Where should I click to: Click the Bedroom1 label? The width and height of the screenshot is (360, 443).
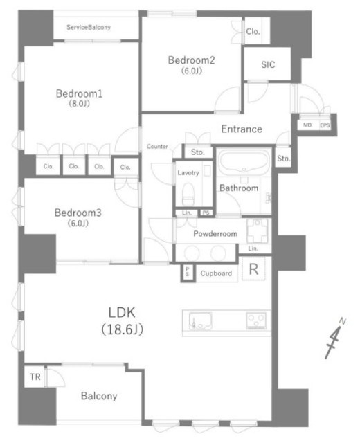point(79,93)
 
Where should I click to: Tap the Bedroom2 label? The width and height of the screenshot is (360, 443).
point(191,60)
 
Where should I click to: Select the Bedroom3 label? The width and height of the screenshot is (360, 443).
point(78,213)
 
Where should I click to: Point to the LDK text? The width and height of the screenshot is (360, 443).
point(122,312)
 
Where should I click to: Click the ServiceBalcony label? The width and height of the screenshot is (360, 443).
point(89,28)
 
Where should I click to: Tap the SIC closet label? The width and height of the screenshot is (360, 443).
point(268,64)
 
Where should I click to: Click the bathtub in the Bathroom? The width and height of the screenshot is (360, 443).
point(244,161)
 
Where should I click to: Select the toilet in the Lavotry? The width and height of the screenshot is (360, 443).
point(188,194)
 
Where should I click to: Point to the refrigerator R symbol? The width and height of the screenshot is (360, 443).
point(253,269)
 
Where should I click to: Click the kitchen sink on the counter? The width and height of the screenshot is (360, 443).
point(200,321)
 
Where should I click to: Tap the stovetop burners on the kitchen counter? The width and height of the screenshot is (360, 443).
point(256,320)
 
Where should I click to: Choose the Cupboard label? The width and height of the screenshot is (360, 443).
point(216,273)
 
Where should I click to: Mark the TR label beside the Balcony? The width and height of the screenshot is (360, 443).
point(35,377)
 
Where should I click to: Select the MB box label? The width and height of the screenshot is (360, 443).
point(307,125)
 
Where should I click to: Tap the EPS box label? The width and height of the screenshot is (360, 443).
point(325,125)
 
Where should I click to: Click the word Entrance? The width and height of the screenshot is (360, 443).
point(242,129)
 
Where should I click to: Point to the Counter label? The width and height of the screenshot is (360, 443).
point(157,146)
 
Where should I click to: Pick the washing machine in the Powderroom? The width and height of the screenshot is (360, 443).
point(257,230)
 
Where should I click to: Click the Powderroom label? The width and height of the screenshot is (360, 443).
point(215,234)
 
